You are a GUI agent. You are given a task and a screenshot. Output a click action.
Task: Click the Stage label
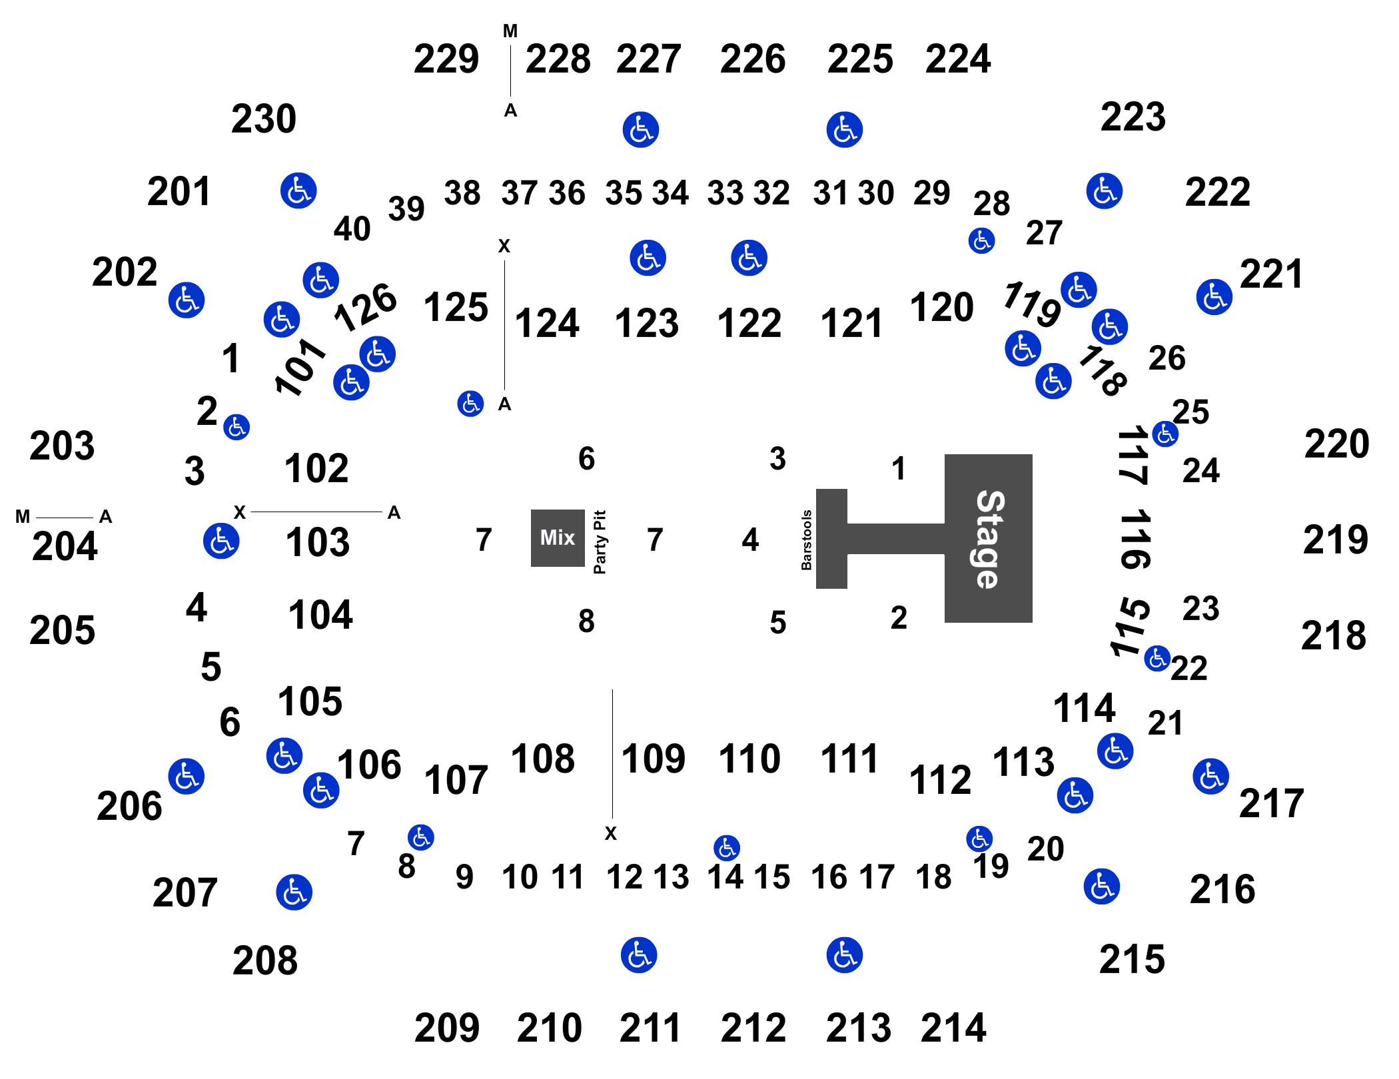coord(989,539)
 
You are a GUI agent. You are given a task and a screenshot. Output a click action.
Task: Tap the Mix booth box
coord(558,538)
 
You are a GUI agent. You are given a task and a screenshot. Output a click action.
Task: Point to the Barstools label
coord(806,540)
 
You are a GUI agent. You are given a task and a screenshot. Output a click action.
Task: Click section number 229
coord(446,59)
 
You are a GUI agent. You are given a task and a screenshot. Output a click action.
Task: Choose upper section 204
coord(65,546)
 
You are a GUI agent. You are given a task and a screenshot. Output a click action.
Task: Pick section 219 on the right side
coord(1335,539)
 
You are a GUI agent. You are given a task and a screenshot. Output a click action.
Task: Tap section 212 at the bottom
coord(753,1028)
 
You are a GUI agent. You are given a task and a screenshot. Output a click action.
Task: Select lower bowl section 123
coord(646,323)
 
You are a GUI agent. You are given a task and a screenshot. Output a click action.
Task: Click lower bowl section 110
coord(749,759)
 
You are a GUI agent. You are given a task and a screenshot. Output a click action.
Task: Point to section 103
coord(318,541)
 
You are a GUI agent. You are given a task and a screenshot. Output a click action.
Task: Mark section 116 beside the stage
coord(1135,539)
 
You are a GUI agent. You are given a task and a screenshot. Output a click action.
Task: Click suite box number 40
coord(352,229)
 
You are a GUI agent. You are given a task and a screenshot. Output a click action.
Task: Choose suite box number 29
coord(931,194)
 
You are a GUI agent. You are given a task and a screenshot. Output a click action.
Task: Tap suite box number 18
coord(933,877)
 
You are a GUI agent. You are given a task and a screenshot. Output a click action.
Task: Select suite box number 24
coord(1200,471)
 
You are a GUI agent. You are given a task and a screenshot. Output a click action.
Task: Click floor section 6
coord(586,458)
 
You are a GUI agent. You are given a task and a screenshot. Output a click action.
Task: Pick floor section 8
coord(586,621)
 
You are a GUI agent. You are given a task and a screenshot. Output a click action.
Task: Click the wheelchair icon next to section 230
coord(298,190)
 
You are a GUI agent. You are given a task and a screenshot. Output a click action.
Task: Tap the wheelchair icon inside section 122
coord(749,258)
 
